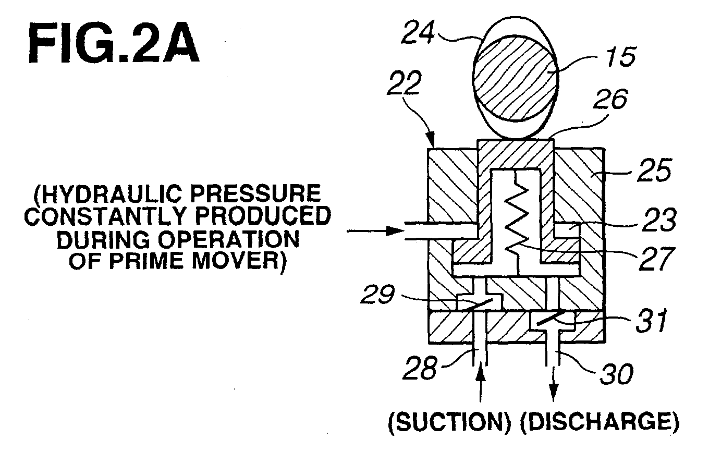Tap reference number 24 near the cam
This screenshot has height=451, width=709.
[418, 32]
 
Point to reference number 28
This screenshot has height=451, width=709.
[420, 368]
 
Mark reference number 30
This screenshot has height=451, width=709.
[616, 373]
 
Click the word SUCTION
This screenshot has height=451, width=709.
[450, 422]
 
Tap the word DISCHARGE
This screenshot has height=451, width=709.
[600, 422]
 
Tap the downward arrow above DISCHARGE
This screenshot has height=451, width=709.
[553, 384]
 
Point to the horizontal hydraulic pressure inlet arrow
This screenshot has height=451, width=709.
[376, 231]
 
